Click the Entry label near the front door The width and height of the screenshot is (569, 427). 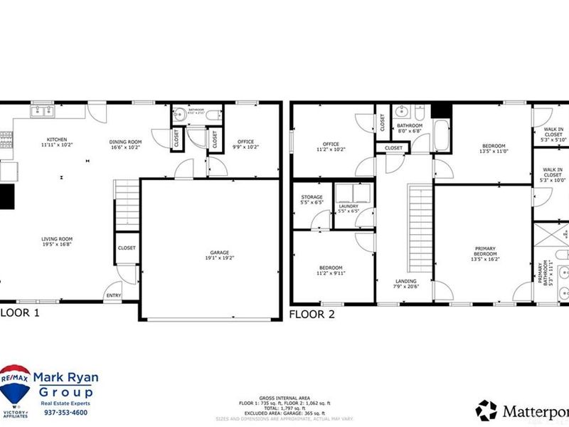tap(113, 295)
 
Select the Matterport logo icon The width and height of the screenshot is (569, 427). tap(486, 409)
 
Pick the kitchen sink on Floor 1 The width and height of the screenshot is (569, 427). tap(41, 110)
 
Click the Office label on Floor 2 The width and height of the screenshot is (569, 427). tap(331, 147)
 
